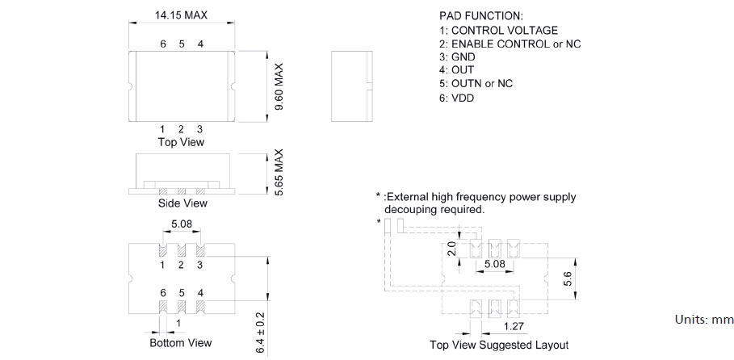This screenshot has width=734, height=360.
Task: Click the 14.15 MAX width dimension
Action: pos(181,15)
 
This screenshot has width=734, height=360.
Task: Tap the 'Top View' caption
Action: pos(181,142)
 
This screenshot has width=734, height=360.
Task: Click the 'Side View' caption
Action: pos(182,203)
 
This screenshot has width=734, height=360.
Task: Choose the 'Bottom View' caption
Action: pos(182,343)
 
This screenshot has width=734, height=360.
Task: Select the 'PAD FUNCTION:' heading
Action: pos(480,16)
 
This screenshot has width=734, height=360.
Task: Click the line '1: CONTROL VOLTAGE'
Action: pos(498,30)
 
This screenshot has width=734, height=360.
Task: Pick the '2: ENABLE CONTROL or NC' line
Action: pos(510,44)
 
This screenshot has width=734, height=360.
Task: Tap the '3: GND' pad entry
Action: pos(457,57)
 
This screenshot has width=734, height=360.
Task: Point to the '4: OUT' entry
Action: pos(456,70)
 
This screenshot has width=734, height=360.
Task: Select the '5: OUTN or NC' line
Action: pos(476,84)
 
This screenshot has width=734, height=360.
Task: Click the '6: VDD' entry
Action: pos(456,98)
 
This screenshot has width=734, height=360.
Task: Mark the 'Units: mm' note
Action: pos(703,320)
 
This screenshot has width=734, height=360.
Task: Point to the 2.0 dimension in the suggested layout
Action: pos(452,249)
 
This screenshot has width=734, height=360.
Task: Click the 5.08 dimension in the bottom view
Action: pos(182,224)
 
